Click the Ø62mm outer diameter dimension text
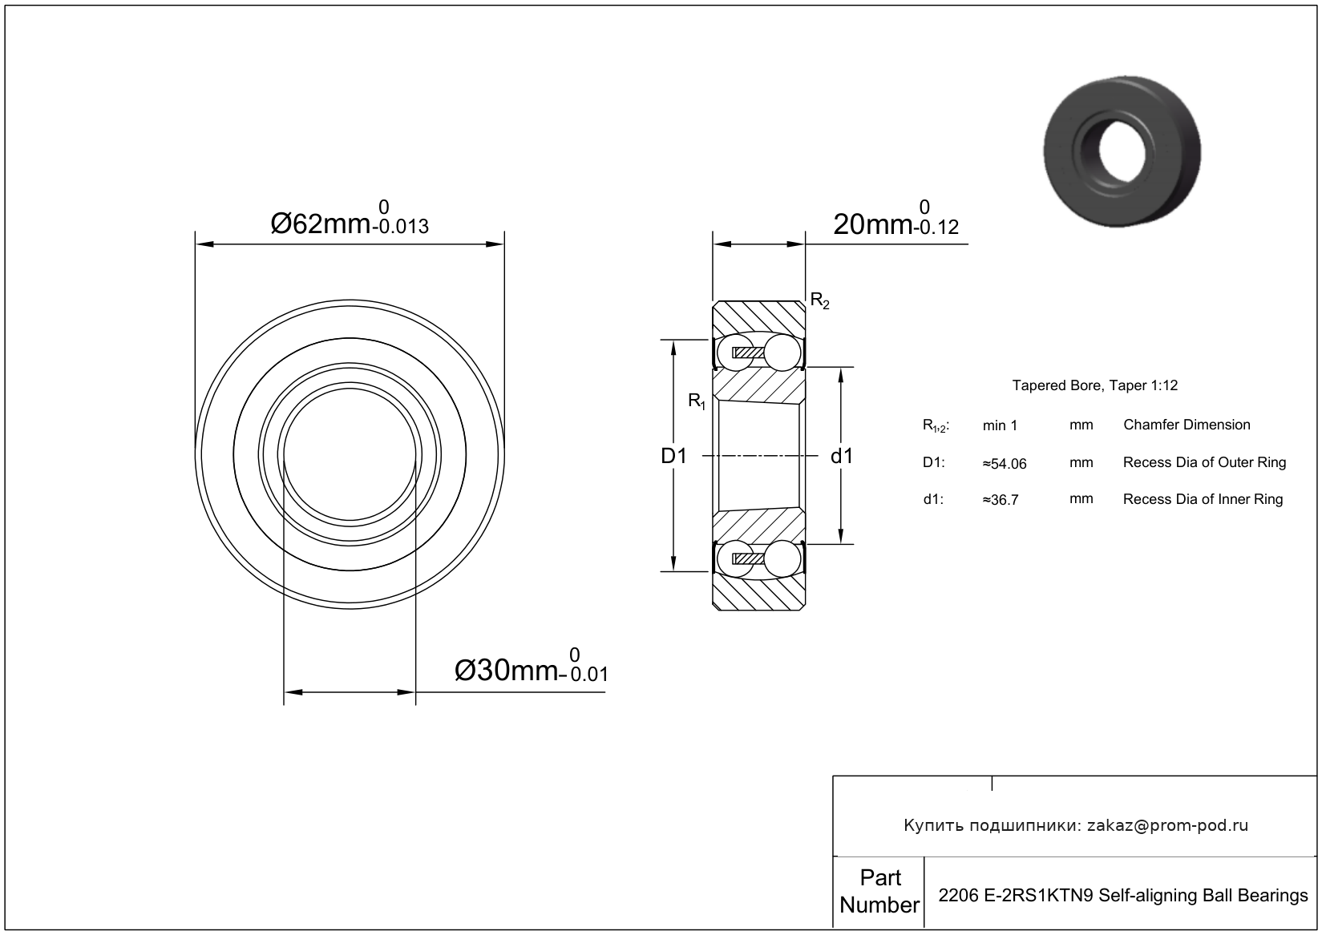[x=321, y=224]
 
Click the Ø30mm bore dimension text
[x=507, y=671]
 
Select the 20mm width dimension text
[x=872, y=225]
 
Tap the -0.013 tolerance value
[x=400, y=227]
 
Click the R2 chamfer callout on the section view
[x=820, y=301]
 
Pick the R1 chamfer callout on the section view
[x=697, y=401]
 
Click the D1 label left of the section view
[x=674, y=456]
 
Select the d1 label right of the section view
[x=842, y=456]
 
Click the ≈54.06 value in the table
[x=1005, y=464]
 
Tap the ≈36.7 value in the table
[x=1001, y=500]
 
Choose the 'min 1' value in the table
[x=1000, y=425]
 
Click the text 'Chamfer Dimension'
[x=1187, y=425]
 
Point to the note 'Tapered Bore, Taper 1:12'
[x=1095, y=386]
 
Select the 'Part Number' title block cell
[x=879, y=892]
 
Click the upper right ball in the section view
[x=782, y=353]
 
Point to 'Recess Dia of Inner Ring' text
[x=1203, y=499]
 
